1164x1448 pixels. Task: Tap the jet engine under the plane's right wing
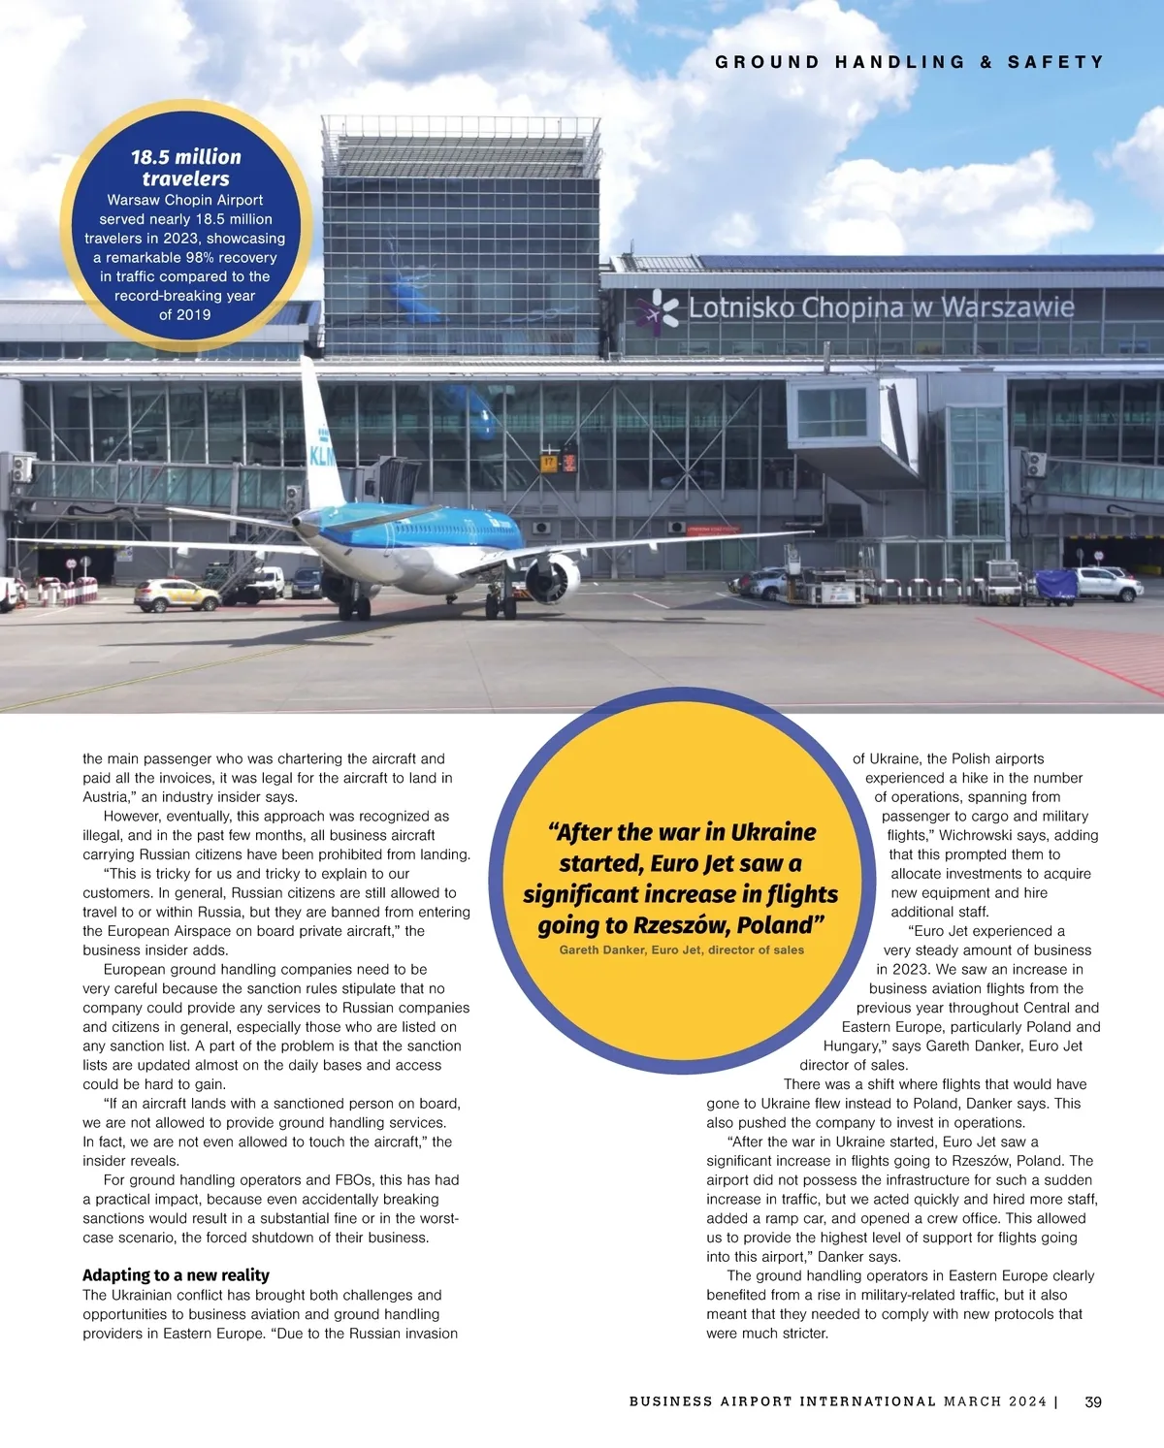click(x=551, y=579)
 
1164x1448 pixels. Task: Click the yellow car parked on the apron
click(x=177, y=595)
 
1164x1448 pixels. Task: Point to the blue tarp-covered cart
click(x=1055, y=585)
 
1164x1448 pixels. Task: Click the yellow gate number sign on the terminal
click(x=550, y=463)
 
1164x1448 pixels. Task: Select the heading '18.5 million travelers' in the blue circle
click(x=185, y=168)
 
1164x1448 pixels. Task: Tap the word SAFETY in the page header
click(x=1055, y=62)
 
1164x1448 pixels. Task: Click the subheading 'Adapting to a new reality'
click(x=176, y=1275)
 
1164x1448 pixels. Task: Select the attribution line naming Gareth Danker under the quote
click(x=681, y=950)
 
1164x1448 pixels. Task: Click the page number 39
click(x=1092, y=1401)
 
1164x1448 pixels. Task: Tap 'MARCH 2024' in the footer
click(x=994, y=1401)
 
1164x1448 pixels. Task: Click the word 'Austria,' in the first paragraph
click(x=106, y=797)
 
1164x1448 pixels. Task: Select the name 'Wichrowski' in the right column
click(x=977, y=835)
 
